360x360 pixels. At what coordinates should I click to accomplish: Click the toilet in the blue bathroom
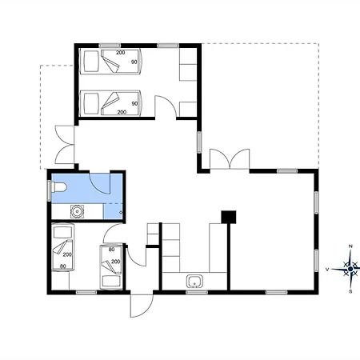(58, 187)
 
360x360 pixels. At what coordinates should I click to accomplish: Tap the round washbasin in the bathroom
(77, 211)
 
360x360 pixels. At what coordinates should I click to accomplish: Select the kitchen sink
(194, 282)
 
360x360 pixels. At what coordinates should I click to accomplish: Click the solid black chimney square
(229, 217)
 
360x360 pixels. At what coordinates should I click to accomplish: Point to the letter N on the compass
(350, 246)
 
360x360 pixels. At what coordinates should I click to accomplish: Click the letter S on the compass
(350, 291)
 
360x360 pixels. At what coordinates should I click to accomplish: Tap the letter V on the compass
(327, 270)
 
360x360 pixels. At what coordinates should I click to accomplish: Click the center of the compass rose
(350, 269)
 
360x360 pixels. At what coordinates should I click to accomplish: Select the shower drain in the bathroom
(121, 212)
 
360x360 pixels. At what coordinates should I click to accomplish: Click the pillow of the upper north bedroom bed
(91, 62)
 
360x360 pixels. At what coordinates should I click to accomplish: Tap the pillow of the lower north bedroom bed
(91, 103)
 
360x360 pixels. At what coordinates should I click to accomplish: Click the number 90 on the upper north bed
(134, 62)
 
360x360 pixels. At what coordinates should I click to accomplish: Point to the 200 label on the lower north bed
(122, 112)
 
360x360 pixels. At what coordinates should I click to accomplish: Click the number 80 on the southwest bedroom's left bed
(63, 266)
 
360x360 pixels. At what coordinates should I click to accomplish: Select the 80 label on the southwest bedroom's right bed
(111, 250)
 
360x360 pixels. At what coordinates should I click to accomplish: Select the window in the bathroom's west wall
(49, 190)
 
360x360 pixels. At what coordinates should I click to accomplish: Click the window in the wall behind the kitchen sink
(197, 292)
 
